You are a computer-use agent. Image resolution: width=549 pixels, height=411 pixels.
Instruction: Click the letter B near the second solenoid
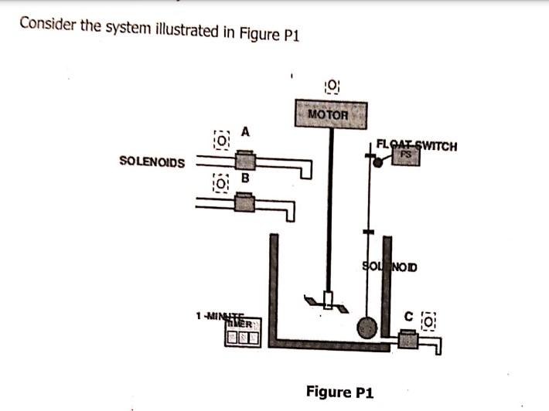(245, 178)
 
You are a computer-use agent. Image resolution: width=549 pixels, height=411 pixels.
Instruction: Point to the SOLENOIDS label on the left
(152, 161)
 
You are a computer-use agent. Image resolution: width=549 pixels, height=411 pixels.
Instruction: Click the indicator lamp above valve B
(222, 185)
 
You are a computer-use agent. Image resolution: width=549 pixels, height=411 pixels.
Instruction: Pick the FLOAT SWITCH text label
(417, 144)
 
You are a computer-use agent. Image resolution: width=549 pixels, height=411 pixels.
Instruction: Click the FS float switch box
(404, 156)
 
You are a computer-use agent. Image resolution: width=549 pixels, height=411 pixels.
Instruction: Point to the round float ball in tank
(366, 328)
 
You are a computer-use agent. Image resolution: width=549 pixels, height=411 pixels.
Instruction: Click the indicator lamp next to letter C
(430, 318)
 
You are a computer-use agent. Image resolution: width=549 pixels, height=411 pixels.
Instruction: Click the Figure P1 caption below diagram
(339, 392)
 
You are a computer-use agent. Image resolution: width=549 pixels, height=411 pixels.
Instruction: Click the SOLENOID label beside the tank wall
(389, 267)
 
